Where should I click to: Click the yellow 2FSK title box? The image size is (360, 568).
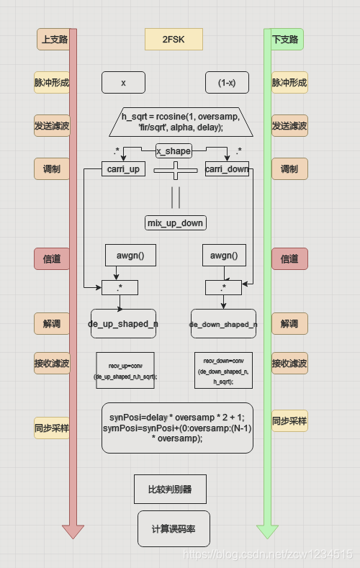click(174, 39)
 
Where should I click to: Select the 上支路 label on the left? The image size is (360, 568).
click(54, 39)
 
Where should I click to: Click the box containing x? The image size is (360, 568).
click(123, 83)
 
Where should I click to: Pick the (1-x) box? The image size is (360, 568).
click(227, 83)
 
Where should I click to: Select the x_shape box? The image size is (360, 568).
click(174, 151)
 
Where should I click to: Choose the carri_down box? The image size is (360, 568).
click(227, 169)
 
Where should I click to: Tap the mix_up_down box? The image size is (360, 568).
click(175, 223)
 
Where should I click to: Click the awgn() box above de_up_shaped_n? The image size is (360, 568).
click(125, 256)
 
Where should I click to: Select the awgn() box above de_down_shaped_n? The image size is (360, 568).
click(223, 256)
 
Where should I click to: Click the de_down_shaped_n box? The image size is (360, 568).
click(223, 324)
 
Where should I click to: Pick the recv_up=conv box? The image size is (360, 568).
click(125, 370)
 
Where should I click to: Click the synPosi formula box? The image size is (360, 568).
click(177, 428)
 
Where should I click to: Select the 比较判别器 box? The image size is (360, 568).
click(170, 489)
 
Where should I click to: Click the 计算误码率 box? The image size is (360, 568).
click(173, 528)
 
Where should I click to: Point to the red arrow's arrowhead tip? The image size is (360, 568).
click(73, 537)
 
